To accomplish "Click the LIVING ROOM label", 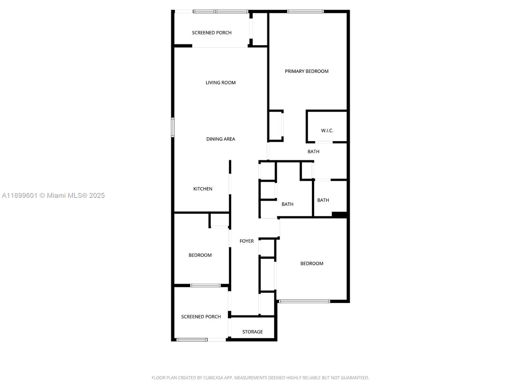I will [x=220, y=83].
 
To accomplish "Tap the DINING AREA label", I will [x=220, y=139].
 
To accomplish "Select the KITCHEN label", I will [x=203, y=189].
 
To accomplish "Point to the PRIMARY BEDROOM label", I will [x=306, y=71].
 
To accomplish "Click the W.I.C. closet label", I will [x=327, y=131].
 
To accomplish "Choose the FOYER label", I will [x=246, y=241].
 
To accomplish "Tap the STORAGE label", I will [x=252, y=332].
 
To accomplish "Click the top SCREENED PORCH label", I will [x=212, y=33].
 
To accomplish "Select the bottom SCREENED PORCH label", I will [x=201, y=317].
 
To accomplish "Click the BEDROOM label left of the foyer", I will [x=200, y=255].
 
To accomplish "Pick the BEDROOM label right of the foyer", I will [x=312, y=264].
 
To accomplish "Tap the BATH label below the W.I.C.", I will [x=313, y=152].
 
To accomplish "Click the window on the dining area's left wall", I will [x=173, y=127].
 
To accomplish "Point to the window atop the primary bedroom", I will [x=305, y=12].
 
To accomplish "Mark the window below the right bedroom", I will [x=304, y=301].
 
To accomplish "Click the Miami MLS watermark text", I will [x=53, y=195].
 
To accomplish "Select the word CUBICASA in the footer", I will [x=213, y=378].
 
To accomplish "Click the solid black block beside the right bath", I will [x=339, y=215].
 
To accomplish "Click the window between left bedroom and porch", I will [x=205, y=286].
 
